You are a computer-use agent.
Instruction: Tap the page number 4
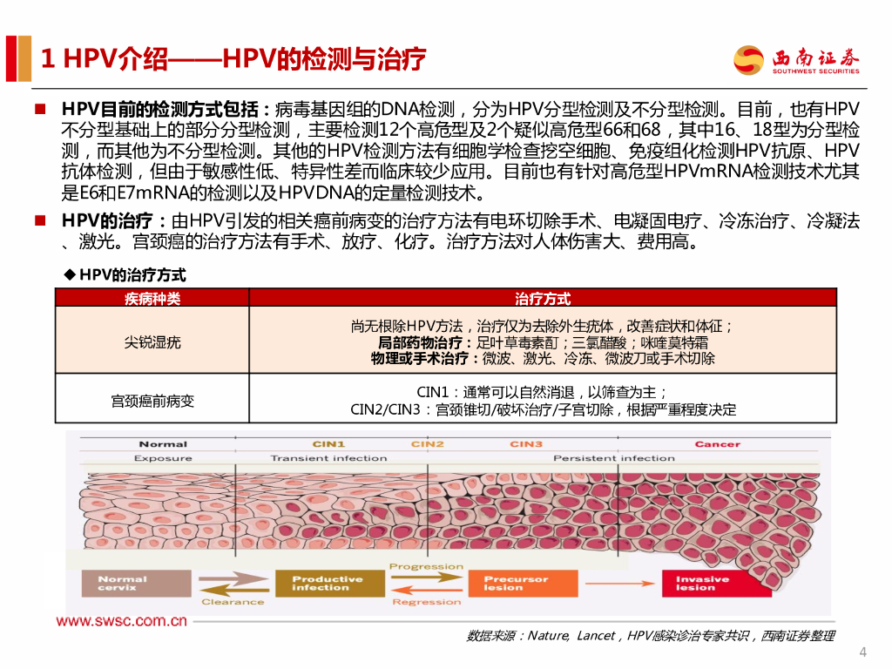[862, 652]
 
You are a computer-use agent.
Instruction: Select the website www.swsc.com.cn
[122, 621]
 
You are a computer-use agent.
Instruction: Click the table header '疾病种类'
[152, 299]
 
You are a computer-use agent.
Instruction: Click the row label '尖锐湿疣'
[152, 342]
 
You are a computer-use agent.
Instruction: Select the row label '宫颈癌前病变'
[152, 401]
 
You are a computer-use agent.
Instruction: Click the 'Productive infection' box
[328, 583]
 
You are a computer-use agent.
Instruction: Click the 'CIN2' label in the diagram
[428, 444]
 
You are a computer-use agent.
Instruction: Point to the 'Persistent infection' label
[613, 458]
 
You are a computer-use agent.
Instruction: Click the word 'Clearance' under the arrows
[233, 602]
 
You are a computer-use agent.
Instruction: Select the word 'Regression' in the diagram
[426, 602]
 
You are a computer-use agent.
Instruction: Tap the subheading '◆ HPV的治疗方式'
[125, 274]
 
